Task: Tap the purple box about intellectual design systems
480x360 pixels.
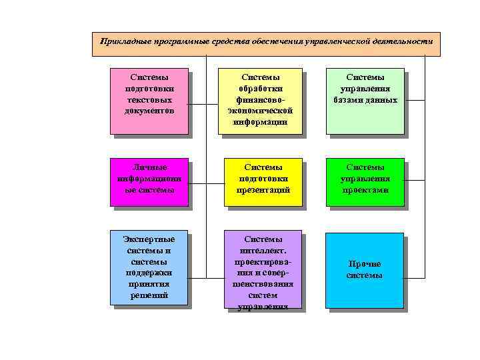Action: coord(262,271)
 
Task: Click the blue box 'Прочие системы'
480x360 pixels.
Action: coord(365,270)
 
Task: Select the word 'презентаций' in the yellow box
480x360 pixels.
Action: coord(263,191)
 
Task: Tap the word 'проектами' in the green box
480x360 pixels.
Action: coord(365,191)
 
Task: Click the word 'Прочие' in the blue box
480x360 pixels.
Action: coord(365,264)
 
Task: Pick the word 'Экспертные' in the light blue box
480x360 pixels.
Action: coord(149,239)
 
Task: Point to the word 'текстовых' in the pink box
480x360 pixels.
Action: coord(149,99)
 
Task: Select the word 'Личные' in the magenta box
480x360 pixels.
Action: coord(149,167)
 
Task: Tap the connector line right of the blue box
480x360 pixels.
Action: coord(414,270)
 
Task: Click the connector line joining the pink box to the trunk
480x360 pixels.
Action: coord(197,105)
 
